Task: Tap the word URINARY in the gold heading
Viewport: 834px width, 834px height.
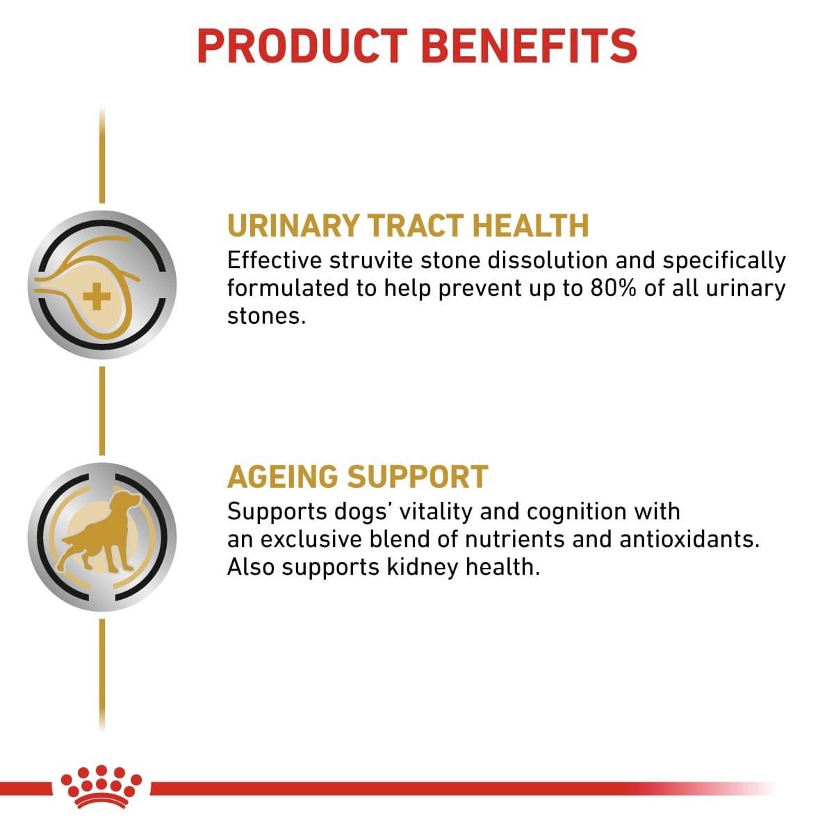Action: click(293, 226)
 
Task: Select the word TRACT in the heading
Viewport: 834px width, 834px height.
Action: click(414, 226)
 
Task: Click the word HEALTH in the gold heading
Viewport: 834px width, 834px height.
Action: click(530, 226)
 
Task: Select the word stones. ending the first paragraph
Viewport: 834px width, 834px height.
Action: click(266, 316)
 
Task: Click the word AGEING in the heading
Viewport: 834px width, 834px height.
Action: click(282, 477)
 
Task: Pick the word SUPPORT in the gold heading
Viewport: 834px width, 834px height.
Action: click(418, 477)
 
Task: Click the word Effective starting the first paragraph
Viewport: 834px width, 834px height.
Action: click(275, 261)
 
